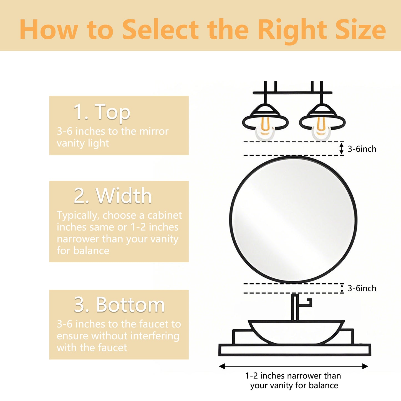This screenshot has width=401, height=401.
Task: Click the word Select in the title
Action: (160, 30)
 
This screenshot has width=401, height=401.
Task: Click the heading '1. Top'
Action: (102, 112)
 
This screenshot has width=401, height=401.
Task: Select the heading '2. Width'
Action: (113, 196)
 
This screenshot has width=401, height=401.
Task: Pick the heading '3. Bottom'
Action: (119, 305)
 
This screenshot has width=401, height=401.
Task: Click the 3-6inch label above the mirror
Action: (362, 149)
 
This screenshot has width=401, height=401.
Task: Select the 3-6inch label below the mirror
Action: (362, 288)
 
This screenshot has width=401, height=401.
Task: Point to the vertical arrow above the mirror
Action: (342, 148)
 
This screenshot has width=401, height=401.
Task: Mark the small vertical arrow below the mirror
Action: (342, 288)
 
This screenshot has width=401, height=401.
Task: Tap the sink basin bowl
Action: (296, 332)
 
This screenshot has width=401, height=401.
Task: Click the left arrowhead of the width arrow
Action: (222, 366)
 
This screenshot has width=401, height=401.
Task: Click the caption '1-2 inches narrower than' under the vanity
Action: (293, 376)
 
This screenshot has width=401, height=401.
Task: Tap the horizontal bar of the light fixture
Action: (292, 93)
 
